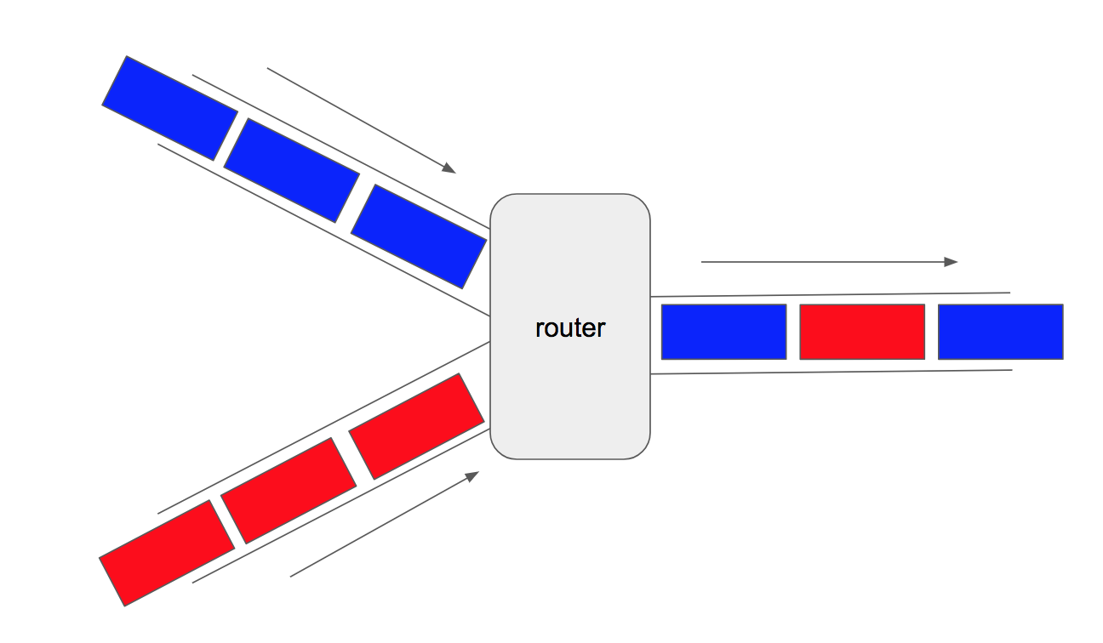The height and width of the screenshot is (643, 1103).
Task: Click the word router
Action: tap(570, 327)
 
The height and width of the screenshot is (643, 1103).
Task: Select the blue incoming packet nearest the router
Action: tap(419, 236)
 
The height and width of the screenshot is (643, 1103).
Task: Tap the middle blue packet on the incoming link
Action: tap(291, 170)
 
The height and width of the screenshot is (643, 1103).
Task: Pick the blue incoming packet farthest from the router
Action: tap(169, 108)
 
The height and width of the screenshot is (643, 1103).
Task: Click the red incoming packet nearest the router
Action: tap(416, 425)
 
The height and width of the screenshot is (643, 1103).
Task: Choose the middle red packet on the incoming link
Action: tap(289, 490)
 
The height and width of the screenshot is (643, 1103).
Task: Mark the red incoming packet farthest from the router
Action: tap(167, 553)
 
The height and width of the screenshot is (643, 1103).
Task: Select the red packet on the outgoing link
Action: tap(862, 332)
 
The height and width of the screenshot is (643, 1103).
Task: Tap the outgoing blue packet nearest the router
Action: tap(723, 332)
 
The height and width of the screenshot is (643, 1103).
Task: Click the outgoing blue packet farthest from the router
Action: tap(1001, 332)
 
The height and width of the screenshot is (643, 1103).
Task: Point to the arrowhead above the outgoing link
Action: tap(952, 262)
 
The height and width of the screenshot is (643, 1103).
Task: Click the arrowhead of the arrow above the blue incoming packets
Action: tap(449, 168)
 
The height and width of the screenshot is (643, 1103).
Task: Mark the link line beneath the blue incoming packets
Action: tap(323, 230)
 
